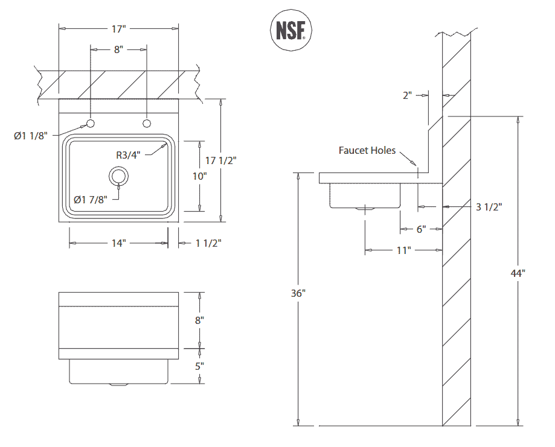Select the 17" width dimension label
click(118, 28)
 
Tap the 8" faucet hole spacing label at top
click(118, 49)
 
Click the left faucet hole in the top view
click(91, 123)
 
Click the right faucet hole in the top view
click(146, 123)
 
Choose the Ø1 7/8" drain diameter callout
click(91, 199)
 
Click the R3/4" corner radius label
click(128, 154)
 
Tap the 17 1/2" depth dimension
click(221, 160)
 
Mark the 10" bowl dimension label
click(199, 176)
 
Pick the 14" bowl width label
click(118, 243)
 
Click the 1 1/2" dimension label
click(208, 243)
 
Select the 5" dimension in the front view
click(199, 366)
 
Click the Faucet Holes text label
click(367, 150)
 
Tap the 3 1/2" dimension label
click(489, 207)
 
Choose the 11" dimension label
click(403, 250)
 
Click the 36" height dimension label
click(298, 294)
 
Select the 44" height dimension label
click(518, 273)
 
